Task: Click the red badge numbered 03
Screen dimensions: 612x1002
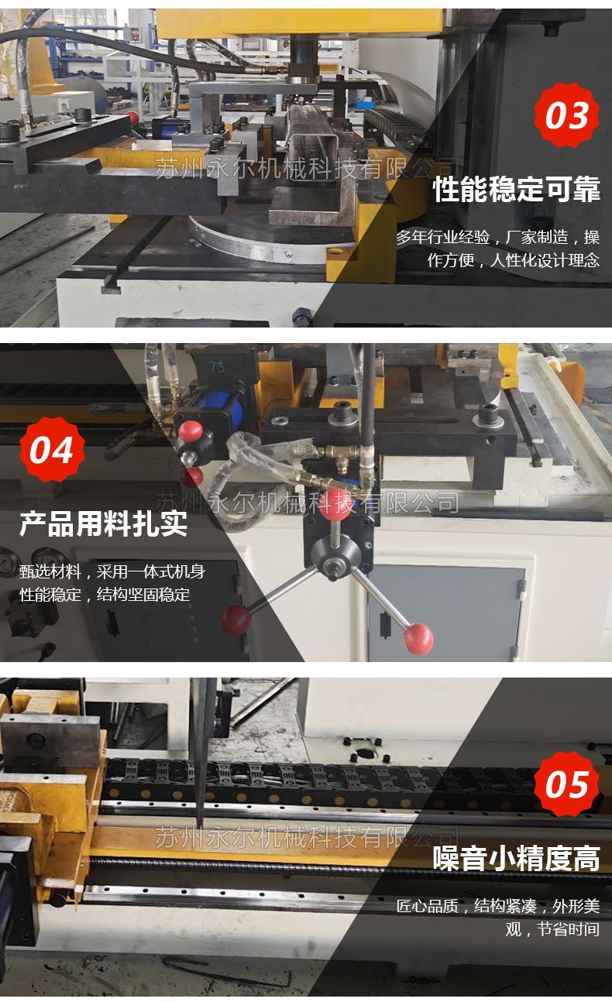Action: [x=567, y=115]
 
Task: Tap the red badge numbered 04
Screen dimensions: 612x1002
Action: [x=53, y=450]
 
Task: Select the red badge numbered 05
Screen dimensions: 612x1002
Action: [x=567, y=784]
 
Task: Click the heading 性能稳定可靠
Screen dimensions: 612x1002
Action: [x=517, y=189]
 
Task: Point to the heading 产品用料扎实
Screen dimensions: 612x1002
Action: [x=103, y=523]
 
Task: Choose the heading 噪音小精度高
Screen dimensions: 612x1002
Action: [x=517, y=859]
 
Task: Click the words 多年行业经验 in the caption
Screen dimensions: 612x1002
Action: [x=443, y=237]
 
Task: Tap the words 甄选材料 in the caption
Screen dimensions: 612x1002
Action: [x=50, y=571]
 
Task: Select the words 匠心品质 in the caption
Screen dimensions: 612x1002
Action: [x=427, y=906]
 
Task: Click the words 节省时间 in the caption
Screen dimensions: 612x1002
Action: [x=568, y=929]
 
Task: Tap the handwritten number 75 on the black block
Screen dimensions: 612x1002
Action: [x=218, y=367]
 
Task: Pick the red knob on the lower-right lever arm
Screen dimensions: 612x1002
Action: [x=418, y=638]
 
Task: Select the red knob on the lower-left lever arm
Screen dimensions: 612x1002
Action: [x=236, y=619]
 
